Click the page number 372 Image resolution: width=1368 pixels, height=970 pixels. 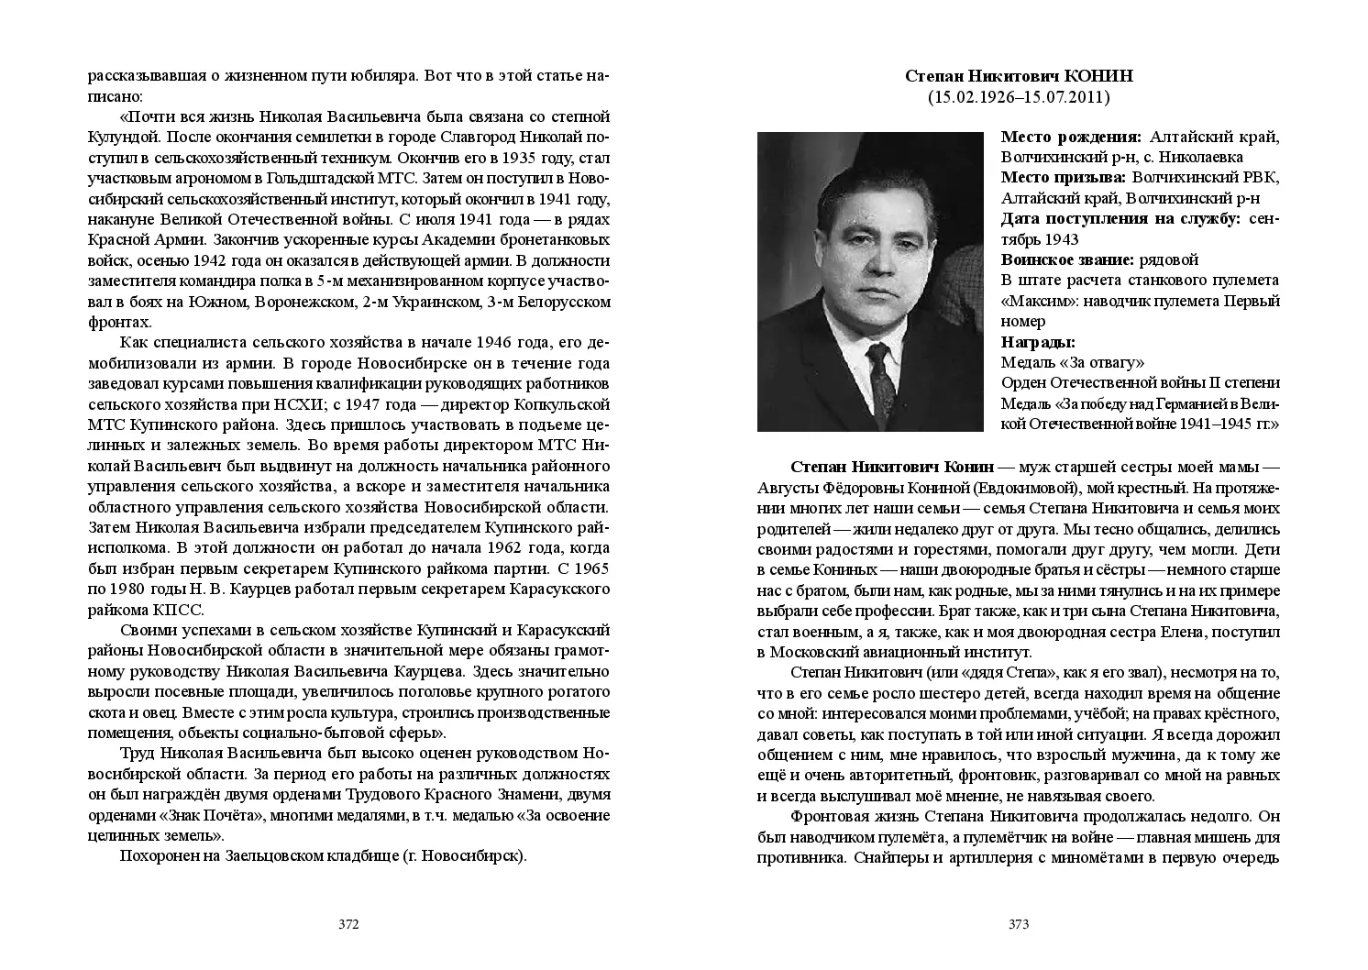pyautogui.click(x=348, y=924)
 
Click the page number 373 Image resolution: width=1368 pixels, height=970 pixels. pyautogui.click(x=1019, y=924)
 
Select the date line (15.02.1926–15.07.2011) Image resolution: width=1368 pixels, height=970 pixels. pyautogui.click(x=1019, y=96)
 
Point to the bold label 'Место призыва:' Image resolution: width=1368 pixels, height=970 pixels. pyautogui.click(x=1064, y=178)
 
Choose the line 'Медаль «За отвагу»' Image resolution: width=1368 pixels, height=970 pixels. pyautogui.click(x=1073, y=362)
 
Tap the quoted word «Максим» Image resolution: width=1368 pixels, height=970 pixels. pyautogui.click(x=1034, y=301)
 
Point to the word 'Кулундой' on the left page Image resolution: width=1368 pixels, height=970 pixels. pyautogui.click(x=119, y=138)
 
